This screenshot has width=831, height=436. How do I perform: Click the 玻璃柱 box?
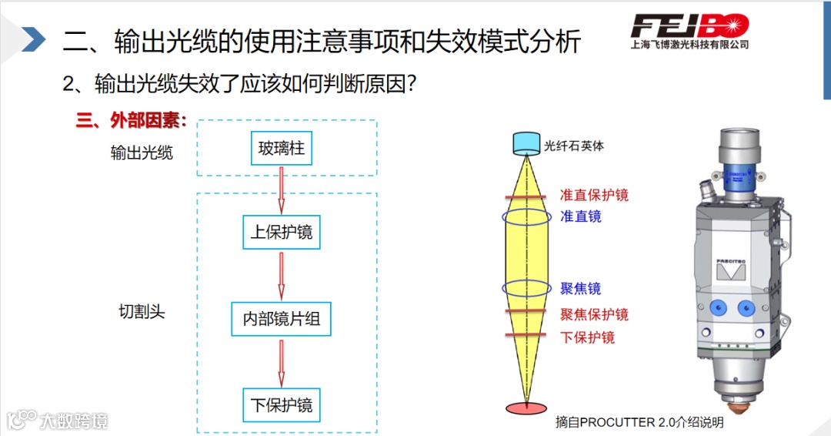tap(282, 148)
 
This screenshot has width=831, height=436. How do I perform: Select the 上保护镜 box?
tap(282, 232)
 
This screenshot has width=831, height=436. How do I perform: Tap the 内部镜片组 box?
tap(282, 319)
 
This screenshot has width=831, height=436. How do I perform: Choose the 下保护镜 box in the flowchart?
tap(282, 404)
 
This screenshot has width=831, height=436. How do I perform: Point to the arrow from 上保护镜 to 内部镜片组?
tap(282, 275)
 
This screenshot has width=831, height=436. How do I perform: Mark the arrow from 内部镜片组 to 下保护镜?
tap(282, 363)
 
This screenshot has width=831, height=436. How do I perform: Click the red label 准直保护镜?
tap(594, 195)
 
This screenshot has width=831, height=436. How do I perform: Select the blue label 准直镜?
tap(581, 216)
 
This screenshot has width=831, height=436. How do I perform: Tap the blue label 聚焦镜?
tap(580, 289)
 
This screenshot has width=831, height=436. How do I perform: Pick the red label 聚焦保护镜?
tap(594, 314)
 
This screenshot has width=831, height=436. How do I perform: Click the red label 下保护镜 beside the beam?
tap(587, 337)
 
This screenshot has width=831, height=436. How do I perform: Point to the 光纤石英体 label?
tap(574, 145)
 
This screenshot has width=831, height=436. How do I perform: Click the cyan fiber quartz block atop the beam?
tap(527, 143)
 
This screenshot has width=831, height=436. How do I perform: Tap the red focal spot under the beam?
tap(527, 407)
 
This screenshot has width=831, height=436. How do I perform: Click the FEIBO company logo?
tap(689, 29)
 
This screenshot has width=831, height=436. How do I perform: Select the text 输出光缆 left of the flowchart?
tap(142, 153)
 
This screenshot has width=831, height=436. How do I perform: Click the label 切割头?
tap(142, 312)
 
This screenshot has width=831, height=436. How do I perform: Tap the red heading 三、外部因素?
tap(132, 121)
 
